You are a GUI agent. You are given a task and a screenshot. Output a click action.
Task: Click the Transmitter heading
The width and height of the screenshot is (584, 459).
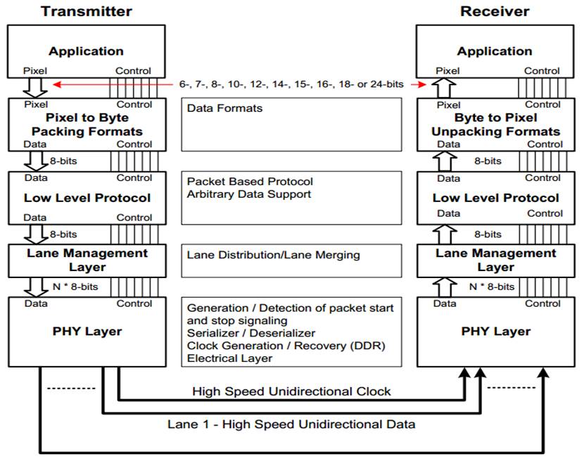[87, 11]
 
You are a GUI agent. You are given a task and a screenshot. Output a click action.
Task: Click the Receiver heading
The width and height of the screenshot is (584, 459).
[495, 11]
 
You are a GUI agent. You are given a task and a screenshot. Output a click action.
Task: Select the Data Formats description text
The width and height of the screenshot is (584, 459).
[224, 108]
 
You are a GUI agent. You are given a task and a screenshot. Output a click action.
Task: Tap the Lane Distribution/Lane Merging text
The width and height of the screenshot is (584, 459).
[273, 255]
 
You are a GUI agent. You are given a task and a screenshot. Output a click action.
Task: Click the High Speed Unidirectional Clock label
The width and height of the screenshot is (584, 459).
[291, 391]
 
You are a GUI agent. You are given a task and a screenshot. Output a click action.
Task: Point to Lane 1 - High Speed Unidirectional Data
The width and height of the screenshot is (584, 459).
[291, 424]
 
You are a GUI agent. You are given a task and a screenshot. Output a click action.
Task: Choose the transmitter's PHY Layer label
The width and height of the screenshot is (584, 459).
[87, 331]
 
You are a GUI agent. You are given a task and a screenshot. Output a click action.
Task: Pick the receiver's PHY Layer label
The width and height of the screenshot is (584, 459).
[495, 331]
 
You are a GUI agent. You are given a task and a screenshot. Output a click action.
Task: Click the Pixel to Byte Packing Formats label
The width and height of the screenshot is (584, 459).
[87, 125]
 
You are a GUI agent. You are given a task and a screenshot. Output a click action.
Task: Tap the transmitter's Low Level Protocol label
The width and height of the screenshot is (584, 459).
[87, 198]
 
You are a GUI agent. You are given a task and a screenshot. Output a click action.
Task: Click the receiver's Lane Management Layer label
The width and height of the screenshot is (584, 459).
[495, 260]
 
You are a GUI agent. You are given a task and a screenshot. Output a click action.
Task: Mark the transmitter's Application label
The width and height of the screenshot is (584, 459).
[87, 51]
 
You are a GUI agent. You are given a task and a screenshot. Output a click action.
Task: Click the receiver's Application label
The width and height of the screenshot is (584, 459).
[495, 51]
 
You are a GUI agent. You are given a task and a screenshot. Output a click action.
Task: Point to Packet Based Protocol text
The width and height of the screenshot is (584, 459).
[250, 182]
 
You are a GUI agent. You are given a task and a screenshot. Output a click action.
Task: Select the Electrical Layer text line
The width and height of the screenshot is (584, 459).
[229, 358]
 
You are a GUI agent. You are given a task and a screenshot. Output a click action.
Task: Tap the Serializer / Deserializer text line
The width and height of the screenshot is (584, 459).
[251, 333]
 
